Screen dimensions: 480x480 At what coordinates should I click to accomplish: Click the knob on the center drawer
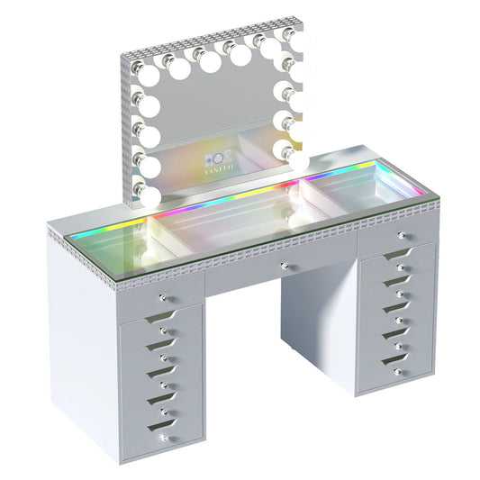tap(284, 267)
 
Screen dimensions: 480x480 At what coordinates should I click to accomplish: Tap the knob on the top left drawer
tap(163, 297)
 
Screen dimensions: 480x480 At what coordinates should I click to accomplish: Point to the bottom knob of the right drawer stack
tap(397, 370)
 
